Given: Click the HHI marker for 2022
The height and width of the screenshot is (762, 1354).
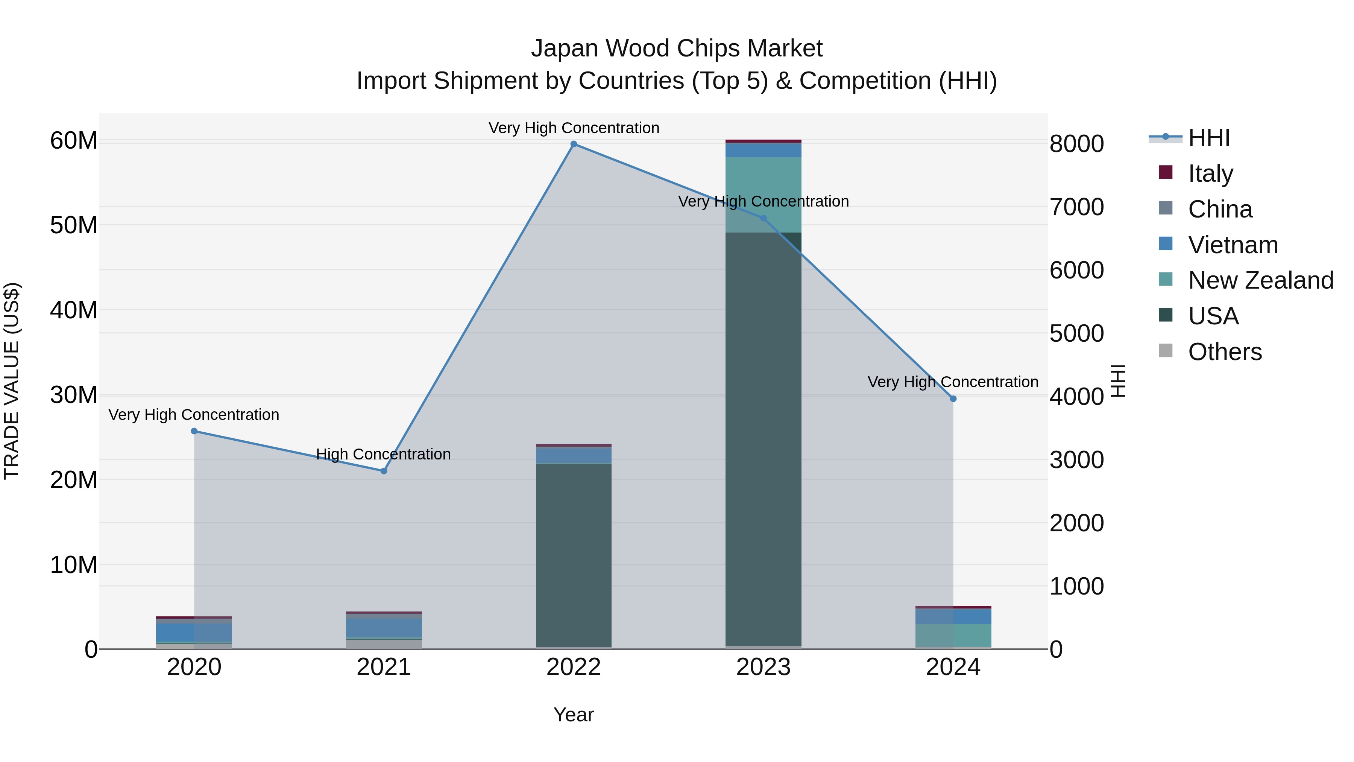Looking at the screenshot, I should point(574,144).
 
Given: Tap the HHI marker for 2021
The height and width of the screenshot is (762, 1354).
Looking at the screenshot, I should point(384,471).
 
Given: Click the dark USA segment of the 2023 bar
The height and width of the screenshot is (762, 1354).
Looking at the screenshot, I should point(763,442).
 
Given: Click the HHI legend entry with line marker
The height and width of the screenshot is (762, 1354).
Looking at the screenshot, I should point(1207,138).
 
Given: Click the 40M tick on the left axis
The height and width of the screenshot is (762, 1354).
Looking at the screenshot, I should point(74,310).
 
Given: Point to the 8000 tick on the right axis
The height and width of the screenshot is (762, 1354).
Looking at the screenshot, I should point(1076,144).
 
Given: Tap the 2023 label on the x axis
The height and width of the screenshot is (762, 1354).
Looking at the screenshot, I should point(763,667).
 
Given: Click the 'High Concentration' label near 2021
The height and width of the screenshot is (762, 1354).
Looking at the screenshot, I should point(383,454).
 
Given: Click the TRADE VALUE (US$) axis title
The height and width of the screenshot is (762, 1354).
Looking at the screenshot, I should point(12,381).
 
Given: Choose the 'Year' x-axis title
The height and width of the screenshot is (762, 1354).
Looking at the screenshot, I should point(574,715).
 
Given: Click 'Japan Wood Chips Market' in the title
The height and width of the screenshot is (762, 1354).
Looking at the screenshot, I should point(677,49).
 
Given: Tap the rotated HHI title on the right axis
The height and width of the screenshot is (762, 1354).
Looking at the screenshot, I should point(1118,381).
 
